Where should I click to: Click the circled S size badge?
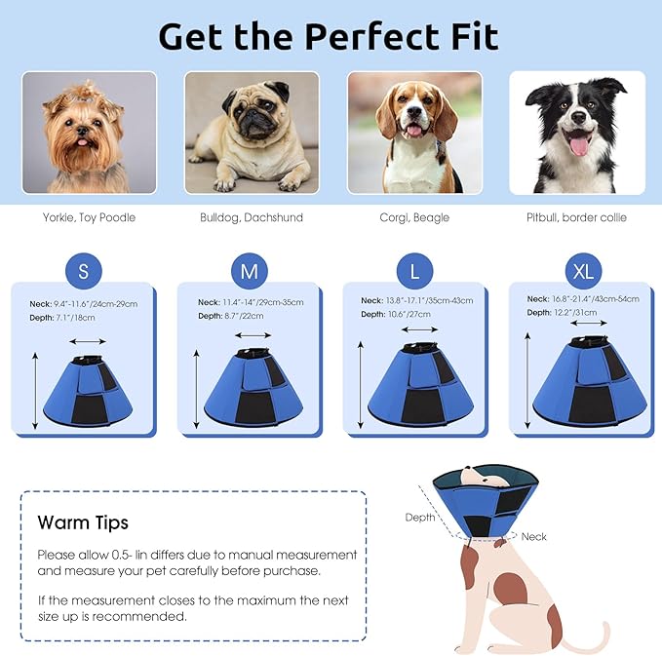(83, 272)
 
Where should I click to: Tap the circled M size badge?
(249, 272)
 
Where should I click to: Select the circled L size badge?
(414, 272)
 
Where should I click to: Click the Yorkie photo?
(89, 132)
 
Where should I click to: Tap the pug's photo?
(252, 132)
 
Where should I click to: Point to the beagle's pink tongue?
(416, 133)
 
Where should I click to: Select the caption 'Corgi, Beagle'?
(414, 217)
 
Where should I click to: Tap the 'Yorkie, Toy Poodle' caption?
(89, 217)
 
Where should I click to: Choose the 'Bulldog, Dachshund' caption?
(252, 217)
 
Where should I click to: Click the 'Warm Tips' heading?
(83, 522)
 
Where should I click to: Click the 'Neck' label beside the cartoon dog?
(534, 536)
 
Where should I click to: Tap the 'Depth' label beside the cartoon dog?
(420, 518)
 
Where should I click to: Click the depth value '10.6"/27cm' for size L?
(409, 314)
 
